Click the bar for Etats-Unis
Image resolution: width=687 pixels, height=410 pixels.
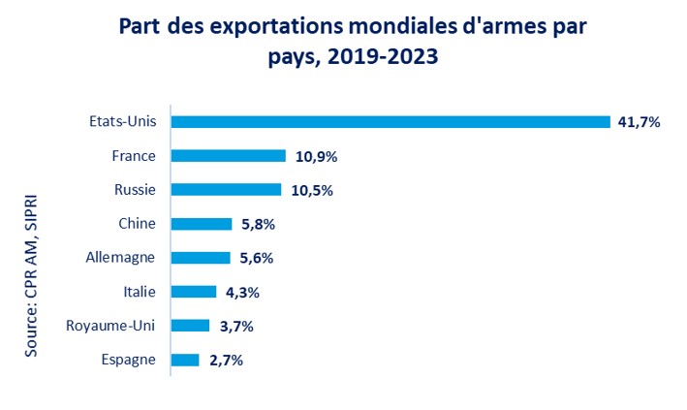click(390, 122)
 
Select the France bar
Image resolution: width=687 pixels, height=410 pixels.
click(229, 156)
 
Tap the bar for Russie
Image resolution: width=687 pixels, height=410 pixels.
click(227, 190)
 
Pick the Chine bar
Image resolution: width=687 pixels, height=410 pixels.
click(202, 224)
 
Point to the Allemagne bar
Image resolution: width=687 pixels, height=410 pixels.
click(201, 258)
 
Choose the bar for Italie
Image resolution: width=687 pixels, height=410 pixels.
click(194, 292)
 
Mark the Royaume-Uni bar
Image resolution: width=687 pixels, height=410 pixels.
click(191, 326)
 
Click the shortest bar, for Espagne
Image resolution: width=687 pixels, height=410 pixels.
click(185, 360)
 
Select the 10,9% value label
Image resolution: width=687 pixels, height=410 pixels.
click(314, 156)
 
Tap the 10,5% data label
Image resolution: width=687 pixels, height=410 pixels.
click(310, 190)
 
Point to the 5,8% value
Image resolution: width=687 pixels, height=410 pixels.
click(257, 224)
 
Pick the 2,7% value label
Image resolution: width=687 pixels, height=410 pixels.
click(226, 360)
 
